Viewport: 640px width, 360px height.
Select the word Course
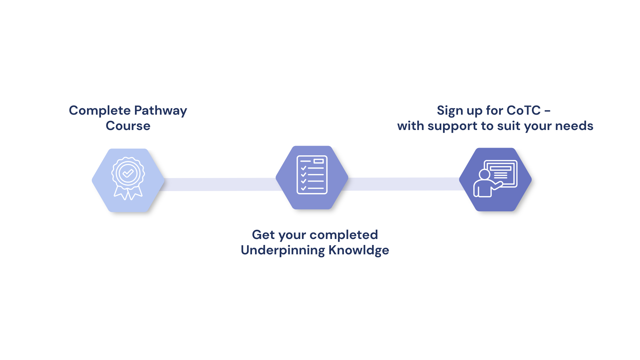pos(128,126)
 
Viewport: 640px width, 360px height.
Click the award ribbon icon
pos(128,178)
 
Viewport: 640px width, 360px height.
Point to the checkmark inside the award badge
pos(128,173)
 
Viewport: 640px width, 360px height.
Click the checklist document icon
pos(312,175)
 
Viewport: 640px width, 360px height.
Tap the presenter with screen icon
pos(495,179)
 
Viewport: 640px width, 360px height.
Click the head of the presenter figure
pos(484,174)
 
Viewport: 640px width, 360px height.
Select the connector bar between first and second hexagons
pos(220,184)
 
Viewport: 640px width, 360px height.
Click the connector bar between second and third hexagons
pos(403,184)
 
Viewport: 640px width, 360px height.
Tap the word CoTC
pos(524,111)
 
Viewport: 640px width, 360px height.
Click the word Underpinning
pos(283,250)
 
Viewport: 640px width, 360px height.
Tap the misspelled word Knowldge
pos(359,250)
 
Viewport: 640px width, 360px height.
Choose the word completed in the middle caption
pos(344,235)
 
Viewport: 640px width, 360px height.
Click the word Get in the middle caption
pos(263,235)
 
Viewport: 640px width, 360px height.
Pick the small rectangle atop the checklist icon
pos(319,161)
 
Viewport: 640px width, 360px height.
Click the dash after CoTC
pos(547,111)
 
